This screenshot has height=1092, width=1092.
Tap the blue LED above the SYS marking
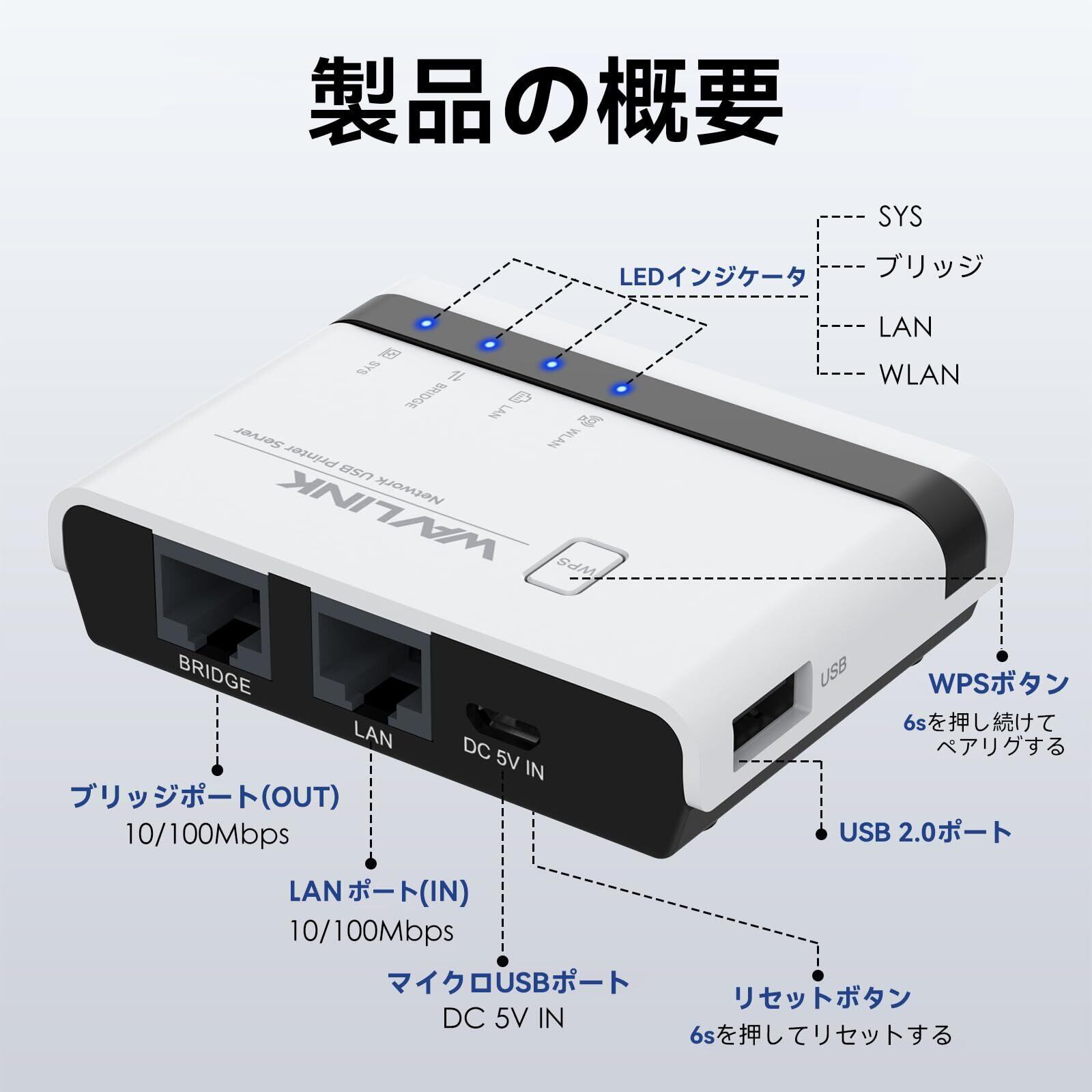427,322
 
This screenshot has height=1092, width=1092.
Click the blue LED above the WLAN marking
620,389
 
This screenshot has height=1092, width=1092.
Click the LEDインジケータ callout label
713,278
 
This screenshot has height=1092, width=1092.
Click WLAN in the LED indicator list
919,375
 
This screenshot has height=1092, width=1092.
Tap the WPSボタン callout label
998,683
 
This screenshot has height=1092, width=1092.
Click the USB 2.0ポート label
925,833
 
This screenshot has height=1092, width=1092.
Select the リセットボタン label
822,998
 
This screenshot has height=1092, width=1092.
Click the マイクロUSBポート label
508,983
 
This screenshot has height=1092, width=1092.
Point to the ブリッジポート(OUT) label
205,796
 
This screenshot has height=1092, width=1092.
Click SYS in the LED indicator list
900,217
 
